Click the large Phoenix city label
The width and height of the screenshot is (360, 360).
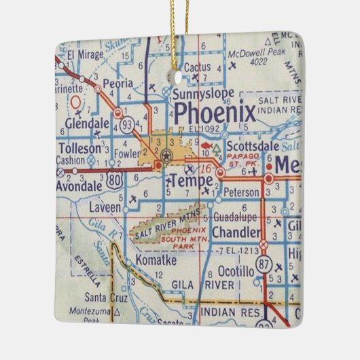click(x=215, y=111)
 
